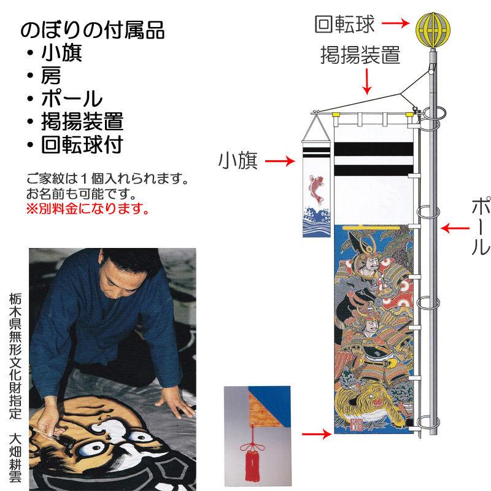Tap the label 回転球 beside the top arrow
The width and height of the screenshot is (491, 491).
(x=343, y=24)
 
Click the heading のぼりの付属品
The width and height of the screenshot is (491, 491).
(x=93, y=31)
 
